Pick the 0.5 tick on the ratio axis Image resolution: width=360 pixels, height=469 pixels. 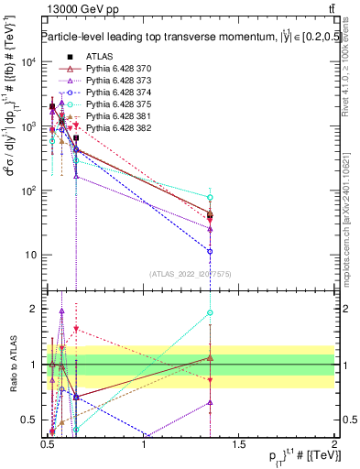[x=31, y=420]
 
